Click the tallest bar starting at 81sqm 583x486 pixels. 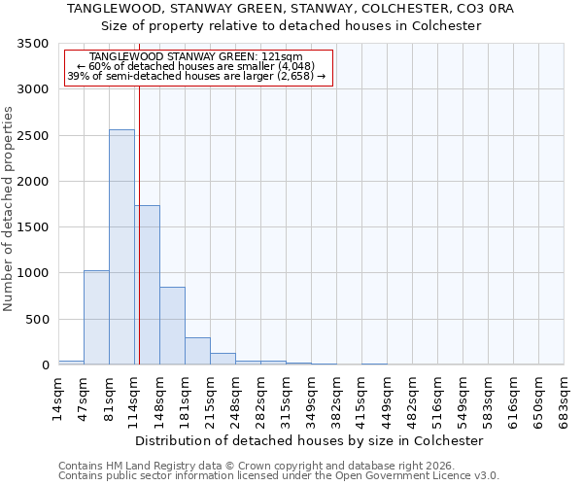pyautogui.click(x=121, y=247)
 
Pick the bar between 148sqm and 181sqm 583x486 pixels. pyautogui.click(x=172, y=326)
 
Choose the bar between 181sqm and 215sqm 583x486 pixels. pyautogui.click(x=197, y=351)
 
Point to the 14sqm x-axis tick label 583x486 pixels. pyautogui.click(x=58, y=399)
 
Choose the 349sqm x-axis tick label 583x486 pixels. pyautogui.click(x=311, y=399)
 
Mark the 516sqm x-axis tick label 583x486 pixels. pyautogui.click(x=437, y=399)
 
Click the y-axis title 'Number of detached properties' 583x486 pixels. pyautogui.click(x=9, y=204)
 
